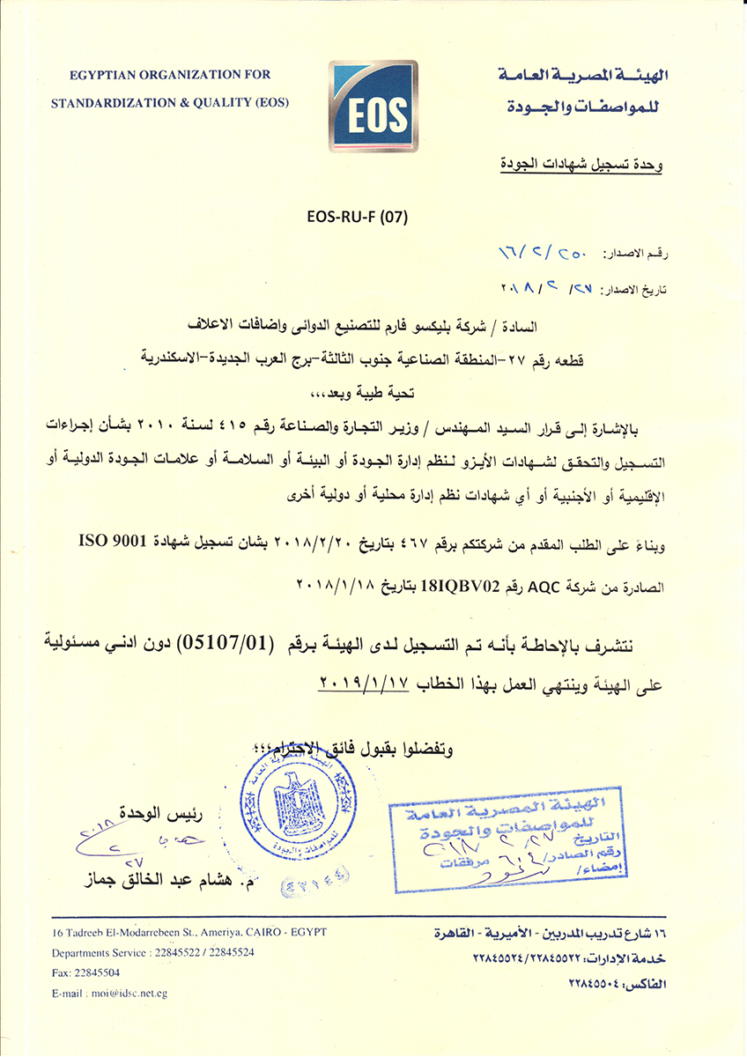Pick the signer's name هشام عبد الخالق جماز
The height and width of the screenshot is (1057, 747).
click(161, 878)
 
